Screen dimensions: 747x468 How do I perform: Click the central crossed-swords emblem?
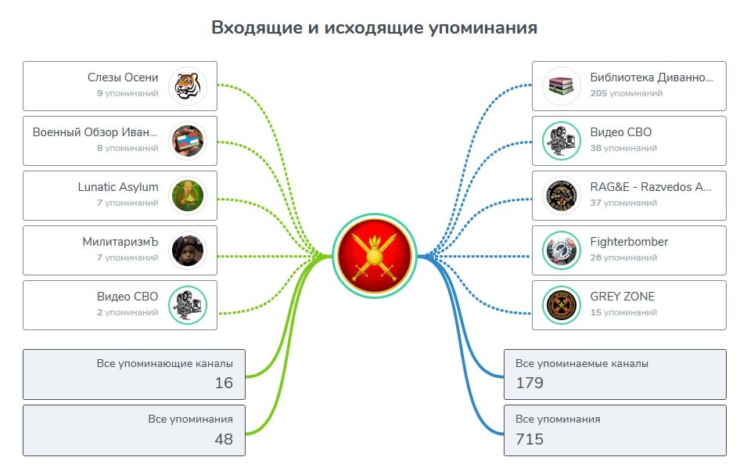pyautogui.click(x=375, y=255)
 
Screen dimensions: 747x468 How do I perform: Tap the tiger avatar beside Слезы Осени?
pyautogui.click(x=187, y=85)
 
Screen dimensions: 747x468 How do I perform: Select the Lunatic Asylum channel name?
pyautogui.click(x=118, y=187)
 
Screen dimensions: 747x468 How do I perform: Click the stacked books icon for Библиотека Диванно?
pyautogui.click(x=561, y=85)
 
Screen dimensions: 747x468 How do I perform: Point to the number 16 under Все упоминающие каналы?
pyautogui.click(x=224, y=383)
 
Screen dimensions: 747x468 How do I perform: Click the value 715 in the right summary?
pyautogui.click(x=530, y=439)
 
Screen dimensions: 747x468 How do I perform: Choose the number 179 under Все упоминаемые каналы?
pyautogui.click(x=530, y=383)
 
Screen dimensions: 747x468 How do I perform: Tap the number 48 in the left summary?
pyautogui.click(x=224, y=439)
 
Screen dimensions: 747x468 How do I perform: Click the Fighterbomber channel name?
pyautogui.click(x=629, y=242)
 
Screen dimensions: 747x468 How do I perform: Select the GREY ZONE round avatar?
pyautogui.click(x=561, y=304)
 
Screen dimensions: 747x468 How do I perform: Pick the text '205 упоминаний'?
pyautogui.click(x=627, y=93)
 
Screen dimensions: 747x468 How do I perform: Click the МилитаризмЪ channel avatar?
pyautogui.click(x=187, y=250)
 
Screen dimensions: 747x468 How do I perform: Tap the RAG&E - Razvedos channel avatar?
pyautogui.click(x=561, y=195)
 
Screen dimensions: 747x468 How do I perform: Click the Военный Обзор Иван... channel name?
pyautogui.click(x=95, y=132)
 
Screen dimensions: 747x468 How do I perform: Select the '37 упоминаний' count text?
pyautogui.click(x=623, y=203)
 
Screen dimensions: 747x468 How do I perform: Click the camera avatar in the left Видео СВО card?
pyautogui.click(x=187, y=304)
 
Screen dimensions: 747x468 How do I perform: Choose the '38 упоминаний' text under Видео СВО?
pyautogui.click(x=623, y=148)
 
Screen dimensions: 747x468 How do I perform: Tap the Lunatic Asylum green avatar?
pyautogui.click(x=187, y=195)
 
